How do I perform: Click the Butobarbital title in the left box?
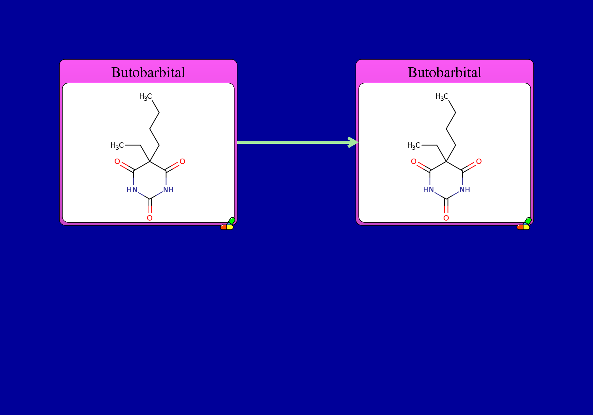click(x=148, y=72)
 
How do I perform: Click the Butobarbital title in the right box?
click(x=445, y=72)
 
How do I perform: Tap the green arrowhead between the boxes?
click(x=353, y=142)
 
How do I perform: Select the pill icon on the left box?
click(x=227, y=224)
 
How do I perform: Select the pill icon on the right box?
click(x=524, y=224)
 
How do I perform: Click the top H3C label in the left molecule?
click(x=146, y=97)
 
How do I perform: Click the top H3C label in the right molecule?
click(x=442, y=97)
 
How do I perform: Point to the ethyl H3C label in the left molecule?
click(x=117, y=146)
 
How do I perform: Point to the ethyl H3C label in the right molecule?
click(x=414, y=146)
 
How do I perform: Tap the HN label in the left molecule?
click(x=132, y=189)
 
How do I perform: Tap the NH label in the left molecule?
click(x=168, y=189)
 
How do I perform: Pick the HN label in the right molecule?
click(x=428, y=189)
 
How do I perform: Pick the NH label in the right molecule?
click(x=465, y=189)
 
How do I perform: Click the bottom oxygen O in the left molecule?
click(x=150, y=218)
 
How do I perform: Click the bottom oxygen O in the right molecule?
click(x=446, y=218)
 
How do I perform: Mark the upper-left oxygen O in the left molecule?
click(x=117, y=161)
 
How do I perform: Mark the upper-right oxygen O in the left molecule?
click(x=182, y=161)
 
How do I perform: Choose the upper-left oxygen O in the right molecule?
click(x=414, y=161)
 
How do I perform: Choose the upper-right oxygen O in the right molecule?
click(x=479, y=161)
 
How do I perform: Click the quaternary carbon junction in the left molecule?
click(x=150, y=162)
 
